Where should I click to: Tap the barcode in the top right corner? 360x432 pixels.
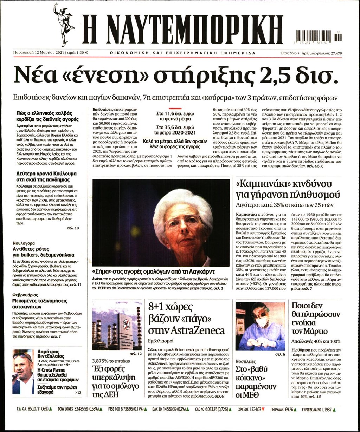pos(319,36)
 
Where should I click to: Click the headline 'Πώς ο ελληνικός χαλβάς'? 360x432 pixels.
pos(44,113)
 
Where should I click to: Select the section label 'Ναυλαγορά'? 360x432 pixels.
pos(24,243)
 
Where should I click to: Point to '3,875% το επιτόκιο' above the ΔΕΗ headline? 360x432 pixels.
pos(111,361)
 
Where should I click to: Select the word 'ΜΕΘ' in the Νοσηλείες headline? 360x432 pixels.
pos(251,394)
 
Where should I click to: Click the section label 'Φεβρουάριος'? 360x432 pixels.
pos(26,295)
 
